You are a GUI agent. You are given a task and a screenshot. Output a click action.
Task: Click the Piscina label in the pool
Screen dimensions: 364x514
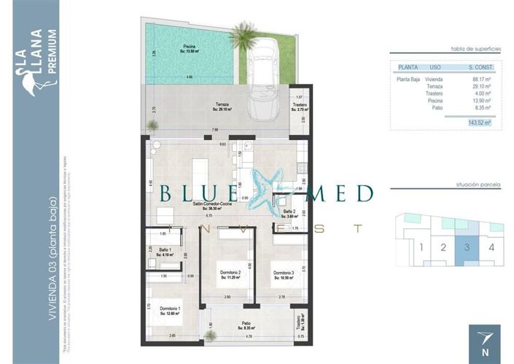point(190,48)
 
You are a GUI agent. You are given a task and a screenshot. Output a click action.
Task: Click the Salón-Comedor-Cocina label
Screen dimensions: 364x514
point(213,206)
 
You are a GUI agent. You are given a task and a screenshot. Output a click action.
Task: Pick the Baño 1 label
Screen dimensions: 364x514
point(166,252)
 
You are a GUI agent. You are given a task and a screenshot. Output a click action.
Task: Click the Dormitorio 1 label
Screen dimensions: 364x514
point(170,311)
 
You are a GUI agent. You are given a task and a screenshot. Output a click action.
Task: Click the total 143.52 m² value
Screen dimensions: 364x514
point(479,123)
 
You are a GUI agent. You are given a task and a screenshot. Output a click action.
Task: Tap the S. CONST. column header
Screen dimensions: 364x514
point(481,68)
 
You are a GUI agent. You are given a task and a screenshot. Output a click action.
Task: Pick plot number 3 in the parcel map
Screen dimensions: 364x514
point(467,247)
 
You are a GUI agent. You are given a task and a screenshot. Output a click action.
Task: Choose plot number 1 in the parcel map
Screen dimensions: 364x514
point(421,247)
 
